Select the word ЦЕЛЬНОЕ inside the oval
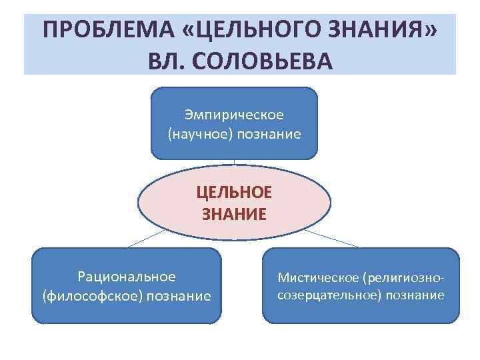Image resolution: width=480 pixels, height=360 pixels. pyautogui.click(x=234, y=192)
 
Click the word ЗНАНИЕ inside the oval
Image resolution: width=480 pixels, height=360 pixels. pyautogui.click(x=234, y=214)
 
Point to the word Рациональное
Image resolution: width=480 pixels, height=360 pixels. pyautogui.click(x=127, y=276)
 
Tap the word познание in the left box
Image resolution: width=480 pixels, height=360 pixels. pyautogui.click(x=178, y=295)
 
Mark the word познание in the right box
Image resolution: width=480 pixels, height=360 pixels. pyautogui.click(x=417, y=295)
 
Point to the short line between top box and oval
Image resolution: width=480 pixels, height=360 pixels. pyautogui.click(x=234, y=165)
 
